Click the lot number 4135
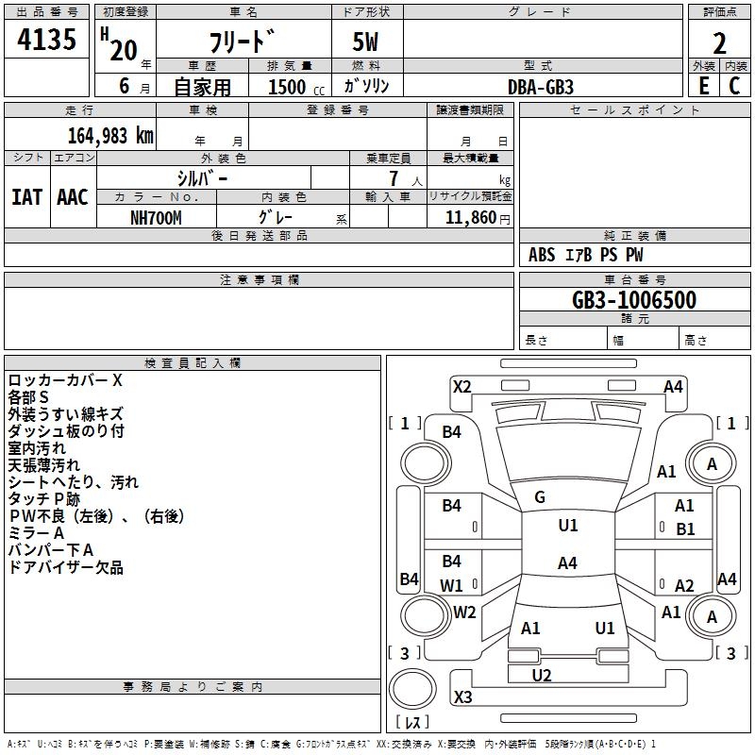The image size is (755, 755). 47,42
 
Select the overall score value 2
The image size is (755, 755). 719,43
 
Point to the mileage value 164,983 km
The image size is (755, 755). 110,135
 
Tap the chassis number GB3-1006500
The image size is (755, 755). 634,300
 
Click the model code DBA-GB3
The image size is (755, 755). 540,86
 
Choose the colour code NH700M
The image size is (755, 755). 156,217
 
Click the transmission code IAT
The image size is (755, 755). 26,197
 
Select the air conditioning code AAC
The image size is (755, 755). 72,197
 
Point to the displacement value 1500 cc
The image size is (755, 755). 294,87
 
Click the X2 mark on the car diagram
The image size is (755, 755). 461,386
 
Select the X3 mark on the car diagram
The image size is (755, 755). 462,697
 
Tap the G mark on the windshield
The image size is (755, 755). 540,497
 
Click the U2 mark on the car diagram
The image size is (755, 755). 542,675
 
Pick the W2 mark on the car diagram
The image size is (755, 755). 464,612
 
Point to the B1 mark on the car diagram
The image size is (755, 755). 685,528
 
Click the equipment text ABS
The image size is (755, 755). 542,255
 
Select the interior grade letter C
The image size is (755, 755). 734,86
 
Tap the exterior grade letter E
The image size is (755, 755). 703,86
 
